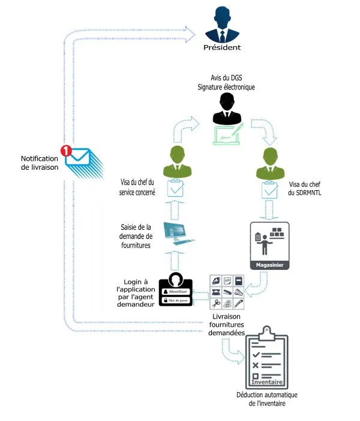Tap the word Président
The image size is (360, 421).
click(222, 48)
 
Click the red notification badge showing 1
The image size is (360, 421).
click(67, 151)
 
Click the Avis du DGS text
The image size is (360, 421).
click(226, 79)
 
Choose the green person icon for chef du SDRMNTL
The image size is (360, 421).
click(269, 162)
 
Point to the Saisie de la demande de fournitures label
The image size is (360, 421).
click(136, 236)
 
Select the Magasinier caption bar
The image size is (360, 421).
click(269, 264)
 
